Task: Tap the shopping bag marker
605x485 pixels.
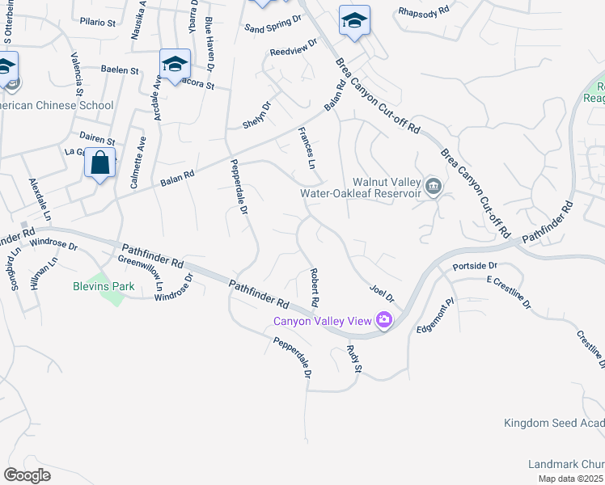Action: tap(100, 163)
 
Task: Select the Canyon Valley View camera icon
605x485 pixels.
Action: tap(383, 321)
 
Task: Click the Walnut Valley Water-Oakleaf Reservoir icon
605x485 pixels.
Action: tap(434, 188)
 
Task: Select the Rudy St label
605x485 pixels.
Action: tap(353, 358)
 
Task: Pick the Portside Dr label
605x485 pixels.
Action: tap(474, 265)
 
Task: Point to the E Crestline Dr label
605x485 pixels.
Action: tap(508, 292)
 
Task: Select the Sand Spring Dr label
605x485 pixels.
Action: tap(273, 23)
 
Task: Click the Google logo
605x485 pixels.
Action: tap(27, 474)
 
